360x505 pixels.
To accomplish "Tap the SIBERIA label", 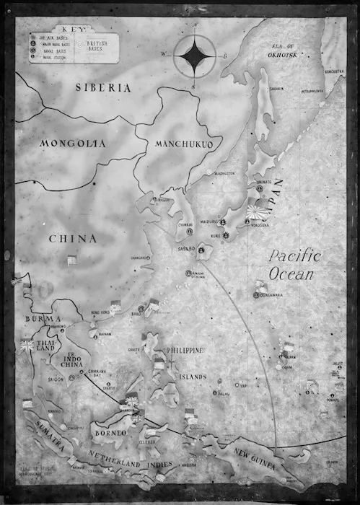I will coord(104,88).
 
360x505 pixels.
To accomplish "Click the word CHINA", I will coord(73,238).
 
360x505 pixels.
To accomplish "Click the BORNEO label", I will coord(110,431).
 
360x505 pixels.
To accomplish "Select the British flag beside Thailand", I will coord(27,345).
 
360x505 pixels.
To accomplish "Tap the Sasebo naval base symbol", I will coord(202,250).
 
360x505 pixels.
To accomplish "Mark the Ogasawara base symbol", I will coord(256,294).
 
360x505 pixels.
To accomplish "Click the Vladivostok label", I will coord(223,174).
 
